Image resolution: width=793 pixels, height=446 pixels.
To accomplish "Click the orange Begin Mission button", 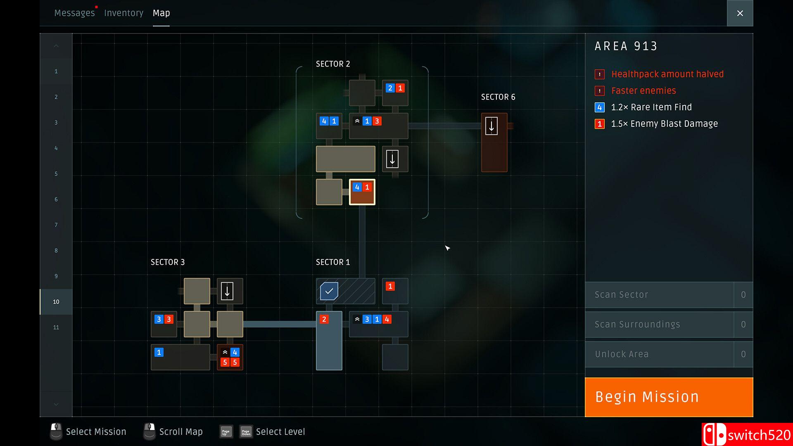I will (669, 397).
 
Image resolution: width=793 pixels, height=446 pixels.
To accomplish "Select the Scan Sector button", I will (659, 295).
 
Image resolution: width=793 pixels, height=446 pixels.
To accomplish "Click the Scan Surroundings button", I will (659, 325).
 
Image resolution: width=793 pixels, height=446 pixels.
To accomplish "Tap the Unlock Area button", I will (659, 354).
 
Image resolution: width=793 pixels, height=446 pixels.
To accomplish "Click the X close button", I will (740, 13).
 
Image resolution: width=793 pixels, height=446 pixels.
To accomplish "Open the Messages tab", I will (74, 13).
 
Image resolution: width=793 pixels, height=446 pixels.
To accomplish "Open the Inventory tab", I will (123, 13).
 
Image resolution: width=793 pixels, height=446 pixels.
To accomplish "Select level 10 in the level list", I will (56, 302).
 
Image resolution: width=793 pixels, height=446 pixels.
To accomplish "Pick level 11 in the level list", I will (56, 327).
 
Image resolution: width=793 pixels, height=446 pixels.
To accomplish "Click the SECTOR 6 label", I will (498, 97).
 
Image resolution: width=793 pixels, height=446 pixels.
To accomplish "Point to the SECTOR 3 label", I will (168, 262).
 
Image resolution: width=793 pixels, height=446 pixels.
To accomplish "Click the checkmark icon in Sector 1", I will (329, 291).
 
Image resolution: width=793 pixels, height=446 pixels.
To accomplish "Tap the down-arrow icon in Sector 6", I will (491, 126).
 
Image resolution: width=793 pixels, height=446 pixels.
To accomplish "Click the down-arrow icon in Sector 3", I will (227, 291).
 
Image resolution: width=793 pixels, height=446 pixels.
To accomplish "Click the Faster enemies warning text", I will (643, 91).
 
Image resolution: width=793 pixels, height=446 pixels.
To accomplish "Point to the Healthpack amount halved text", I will (667, 74).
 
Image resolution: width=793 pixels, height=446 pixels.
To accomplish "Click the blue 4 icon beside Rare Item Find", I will (600, 107).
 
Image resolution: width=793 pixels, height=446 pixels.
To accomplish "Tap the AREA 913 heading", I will (626, 46).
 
